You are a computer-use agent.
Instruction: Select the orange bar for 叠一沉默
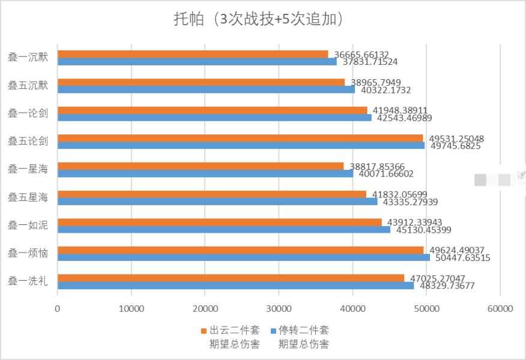[x=193, y=54]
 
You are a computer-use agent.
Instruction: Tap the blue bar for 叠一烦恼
[x=243, y=257]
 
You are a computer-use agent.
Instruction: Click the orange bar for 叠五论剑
[x=240, y=138]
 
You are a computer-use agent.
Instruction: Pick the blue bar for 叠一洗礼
[x=235, y=286]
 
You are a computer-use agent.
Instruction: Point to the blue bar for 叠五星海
[x=217, y=202]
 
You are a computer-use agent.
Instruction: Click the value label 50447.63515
[x=463, y=258]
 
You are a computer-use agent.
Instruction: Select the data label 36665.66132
[x=361, y=55]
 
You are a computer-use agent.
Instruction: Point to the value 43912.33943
[x=414, y=223]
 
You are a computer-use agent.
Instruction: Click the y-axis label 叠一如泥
[x=28, y=225]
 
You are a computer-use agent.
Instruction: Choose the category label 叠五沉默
[x=28, y=85]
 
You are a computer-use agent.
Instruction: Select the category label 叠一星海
[x=28, y=169]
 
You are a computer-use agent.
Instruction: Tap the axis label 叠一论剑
[x=28, y=113]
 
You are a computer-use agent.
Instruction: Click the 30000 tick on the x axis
[x=279, y=309]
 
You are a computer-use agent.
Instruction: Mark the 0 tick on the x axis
[x=58, y=309]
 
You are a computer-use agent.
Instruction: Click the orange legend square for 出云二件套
[x=203, y=331]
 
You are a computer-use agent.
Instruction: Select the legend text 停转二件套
[x=303, y=331]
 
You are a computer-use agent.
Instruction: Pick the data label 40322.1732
[x=385, y=90]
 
